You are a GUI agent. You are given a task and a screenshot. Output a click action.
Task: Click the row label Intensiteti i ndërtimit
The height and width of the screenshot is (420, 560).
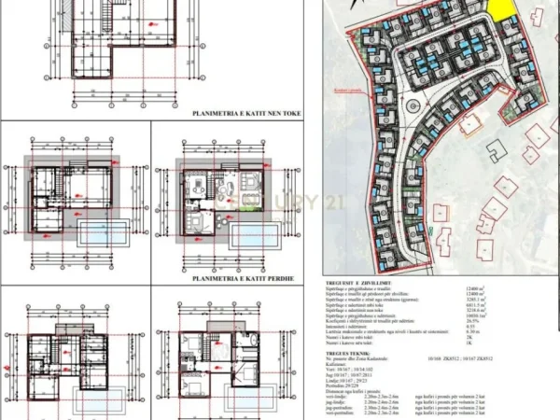[x=349, y=327]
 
